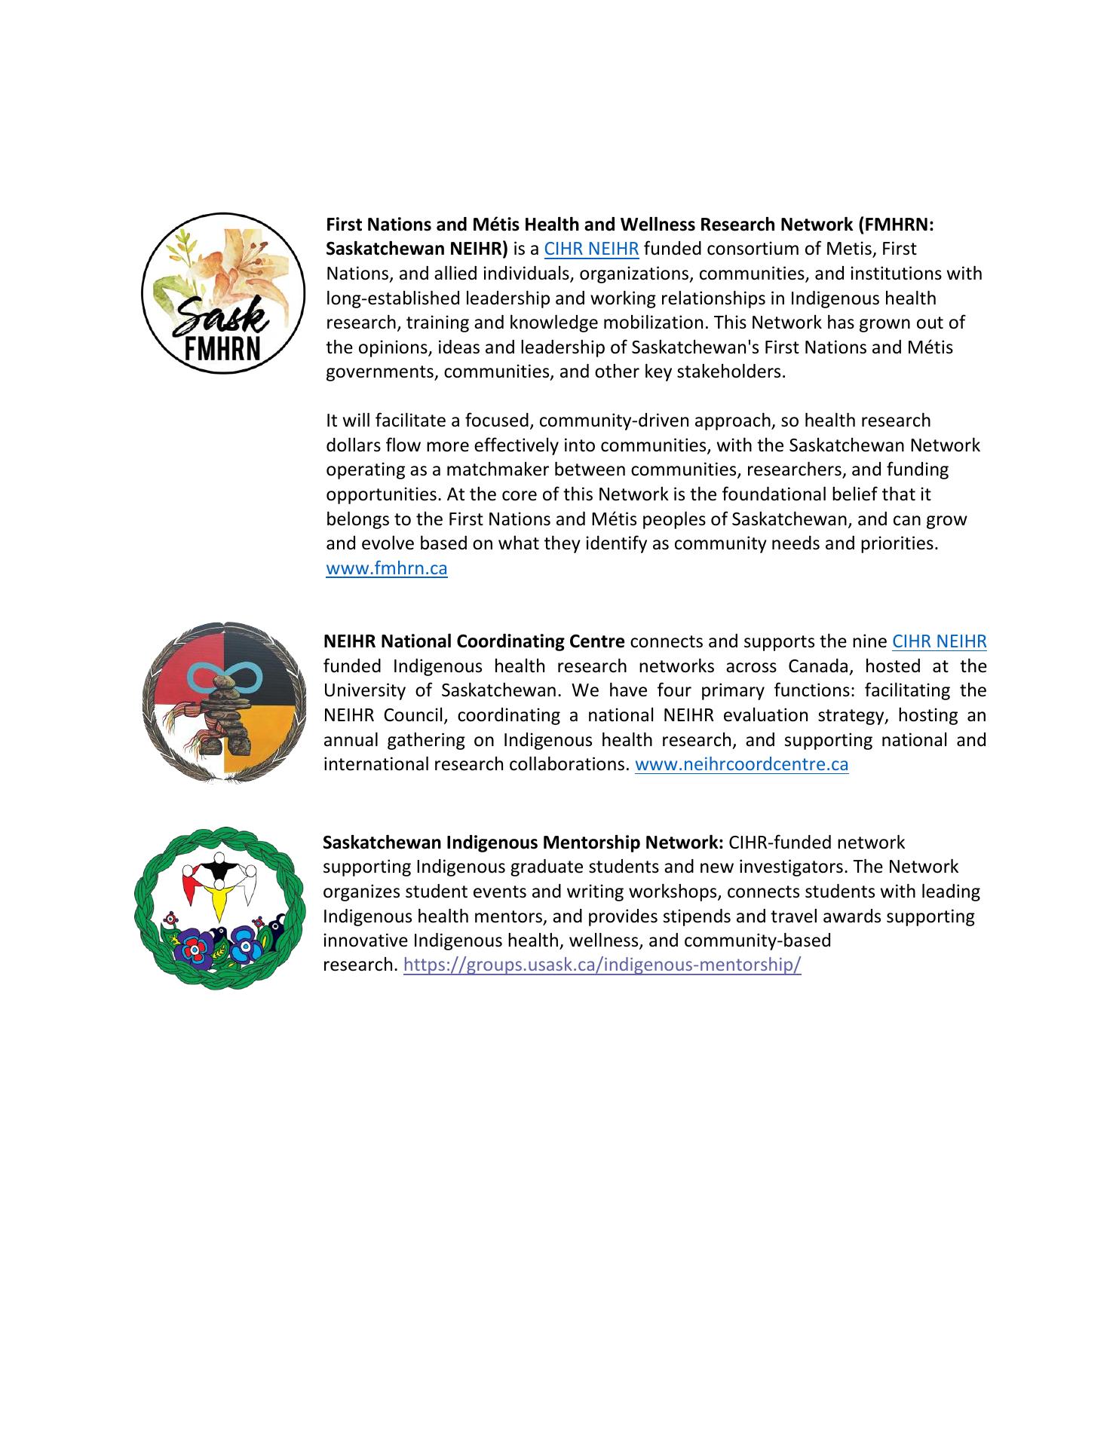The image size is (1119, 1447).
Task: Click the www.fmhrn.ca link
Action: (386, 569)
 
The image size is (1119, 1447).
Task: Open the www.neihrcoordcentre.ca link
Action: (741, 765)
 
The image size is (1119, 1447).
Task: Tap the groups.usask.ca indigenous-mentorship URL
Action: (602, 965)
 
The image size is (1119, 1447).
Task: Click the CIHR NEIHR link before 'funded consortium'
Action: (591, 249)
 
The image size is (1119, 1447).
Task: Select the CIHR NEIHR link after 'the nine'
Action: (939, 642)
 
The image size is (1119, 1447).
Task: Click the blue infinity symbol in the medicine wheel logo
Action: (224, 675)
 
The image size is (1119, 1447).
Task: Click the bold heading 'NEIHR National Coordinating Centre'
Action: (474, 642)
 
